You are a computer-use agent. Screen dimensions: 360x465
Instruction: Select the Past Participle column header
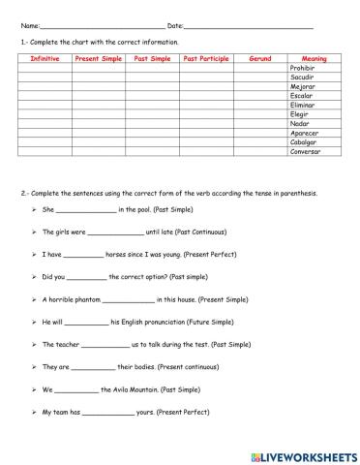(206, 59)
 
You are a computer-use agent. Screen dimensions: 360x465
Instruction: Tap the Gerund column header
(260, 59)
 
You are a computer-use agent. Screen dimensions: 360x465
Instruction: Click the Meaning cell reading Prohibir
(303, 69)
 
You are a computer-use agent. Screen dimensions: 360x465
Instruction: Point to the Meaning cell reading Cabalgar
(304, 142)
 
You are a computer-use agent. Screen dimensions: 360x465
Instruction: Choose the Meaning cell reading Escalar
(301, 96)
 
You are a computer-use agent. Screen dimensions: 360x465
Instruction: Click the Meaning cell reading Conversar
(306, 152)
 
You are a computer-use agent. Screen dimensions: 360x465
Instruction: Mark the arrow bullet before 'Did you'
(34, 278)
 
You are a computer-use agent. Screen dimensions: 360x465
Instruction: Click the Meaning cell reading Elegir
(300, 114)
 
